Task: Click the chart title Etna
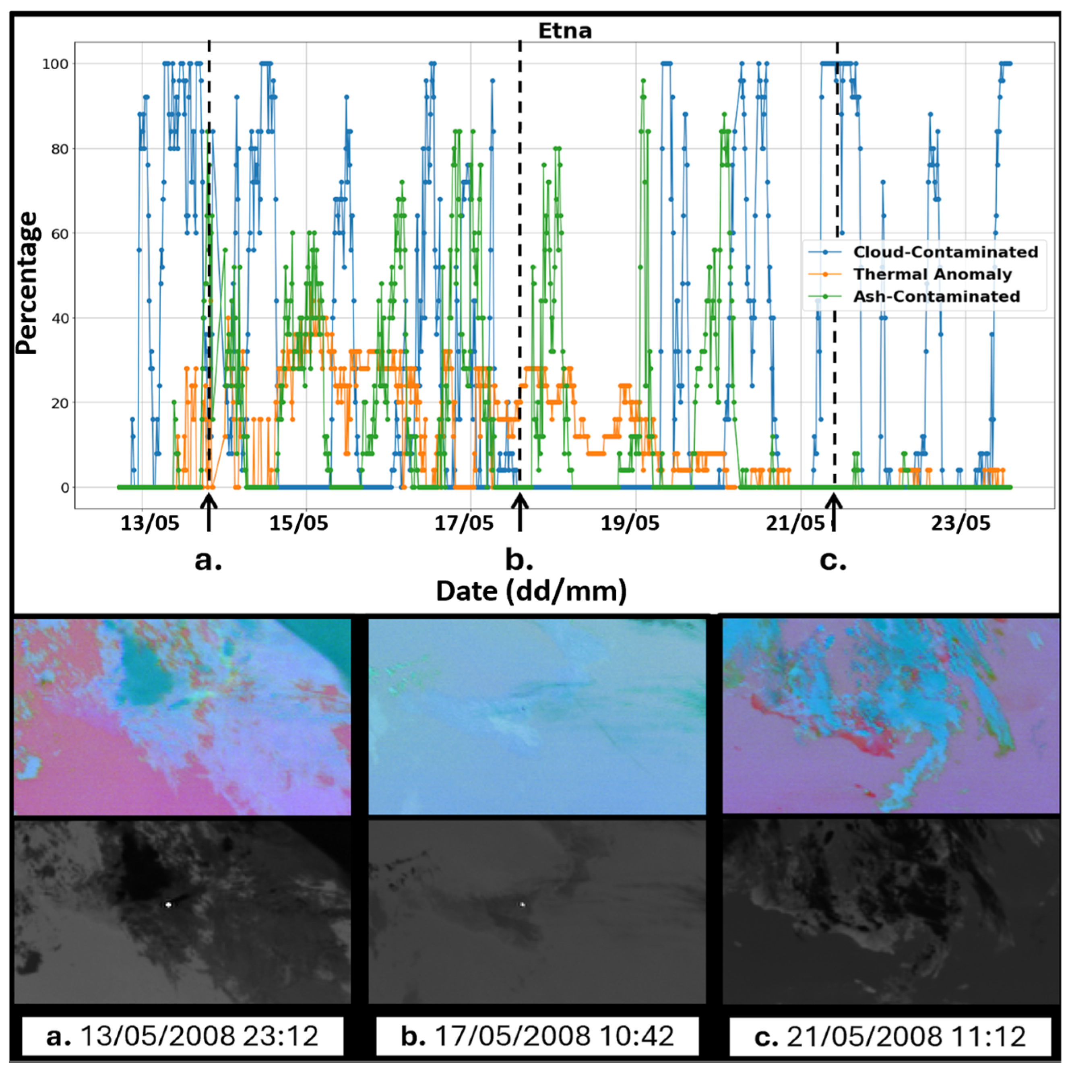click(565, 31)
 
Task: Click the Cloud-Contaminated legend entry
click(945, 252)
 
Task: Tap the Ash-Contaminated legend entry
click(936, 297)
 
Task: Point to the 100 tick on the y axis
click(56, 64)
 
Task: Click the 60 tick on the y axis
click(60, 234)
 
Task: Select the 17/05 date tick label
click(463, 523)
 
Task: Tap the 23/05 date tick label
click(961, 523)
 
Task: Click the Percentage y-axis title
click(27, 284)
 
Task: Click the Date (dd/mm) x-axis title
click(531, 591)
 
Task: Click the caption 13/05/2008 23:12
click(182, 1036)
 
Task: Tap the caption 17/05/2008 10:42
click(537, 1036)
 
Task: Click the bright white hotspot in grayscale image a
click(168, 904)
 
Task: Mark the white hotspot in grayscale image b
click(522, 905)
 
